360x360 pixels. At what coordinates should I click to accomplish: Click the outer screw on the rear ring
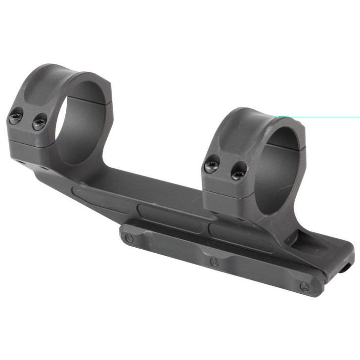(15, 119)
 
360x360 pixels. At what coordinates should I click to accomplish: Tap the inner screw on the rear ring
(39, 122)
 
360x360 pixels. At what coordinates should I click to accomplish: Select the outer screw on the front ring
(212, 164)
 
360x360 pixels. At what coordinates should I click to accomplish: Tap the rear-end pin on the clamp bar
(130, 239)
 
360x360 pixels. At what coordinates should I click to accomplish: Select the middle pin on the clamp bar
(214, 262)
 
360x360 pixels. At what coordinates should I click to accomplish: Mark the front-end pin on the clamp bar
(305, 286)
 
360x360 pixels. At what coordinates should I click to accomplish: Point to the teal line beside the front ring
(321, 118)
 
